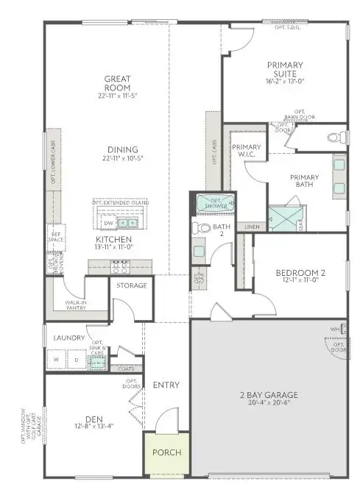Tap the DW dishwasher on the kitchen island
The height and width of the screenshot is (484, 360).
(108, 223)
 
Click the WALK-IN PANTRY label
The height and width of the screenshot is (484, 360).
(76, 304)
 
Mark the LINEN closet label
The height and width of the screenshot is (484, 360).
(252, 227)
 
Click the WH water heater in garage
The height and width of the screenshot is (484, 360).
(333, 329)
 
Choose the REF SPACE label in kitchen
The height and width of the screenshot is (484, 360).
(54, 238)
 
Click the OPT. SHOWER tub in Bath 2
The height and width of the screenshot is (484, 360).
(213, 203)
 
